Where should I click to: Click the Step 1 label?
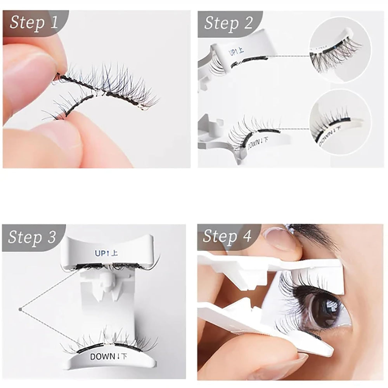tap(34, 22)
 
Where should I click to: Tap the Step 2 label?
tap(228, 23)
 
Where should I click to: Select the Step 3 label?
tap(32, 237)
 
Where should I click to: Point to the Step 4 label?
tap(227, 236)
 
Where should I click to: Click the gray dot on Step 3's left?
tap(20, 309)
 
